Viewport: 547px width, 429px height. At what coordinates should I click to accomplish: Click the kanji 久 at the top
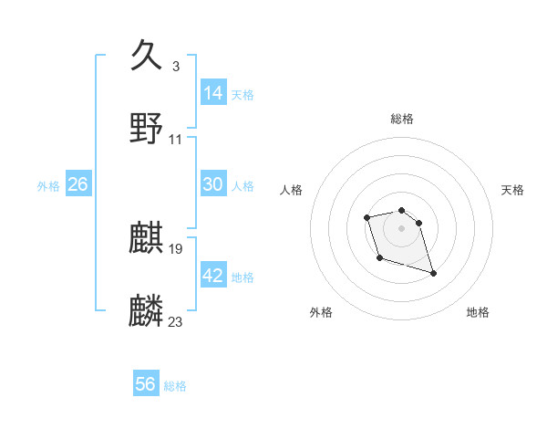(x=147, y=55)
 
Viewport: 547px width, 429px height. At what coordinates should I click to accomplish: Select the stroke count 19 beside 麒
(x=176, y=248)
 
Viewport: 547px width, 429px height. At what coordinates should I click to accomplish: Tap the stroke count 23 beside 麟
(x=176, y=321)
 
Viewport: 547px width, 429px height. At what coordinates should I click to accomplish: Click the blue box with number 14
(x=213, y=93)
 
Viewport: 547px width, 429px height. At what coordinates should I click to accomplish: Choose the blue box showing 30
(x=213, y=184)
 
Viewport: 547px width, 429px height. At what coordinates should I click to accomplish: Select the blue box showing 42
(x=213, y=276)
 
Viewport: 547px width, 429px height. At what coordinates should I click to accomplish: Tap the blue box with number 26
(x=78, y=184)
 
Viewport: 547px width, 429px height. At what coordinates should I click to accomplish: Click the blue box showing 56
(x=146, y=384)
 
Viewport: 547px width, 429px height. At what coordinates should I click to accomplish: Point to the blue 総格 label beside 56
(x=175, y=386)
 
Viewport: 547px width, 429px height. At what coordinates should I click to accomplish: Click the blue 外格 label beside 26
(x=48, y=186)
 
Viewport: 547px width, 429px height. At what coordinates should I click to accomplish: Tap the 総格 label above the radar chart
(x=401, y=119)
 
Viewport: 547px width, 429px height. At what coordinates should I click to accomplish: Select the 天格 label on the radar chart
(x=512, y=190)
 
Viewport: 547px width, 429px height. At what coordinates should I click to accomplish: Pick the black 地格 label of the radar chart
(x=478, y=313)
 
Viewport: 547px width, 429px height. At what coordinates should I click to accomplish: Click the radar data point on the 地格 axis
(x=433, y=273)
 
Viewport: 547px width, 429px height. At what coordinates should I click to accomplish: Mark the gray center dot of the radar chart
(x=401, y=227)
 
